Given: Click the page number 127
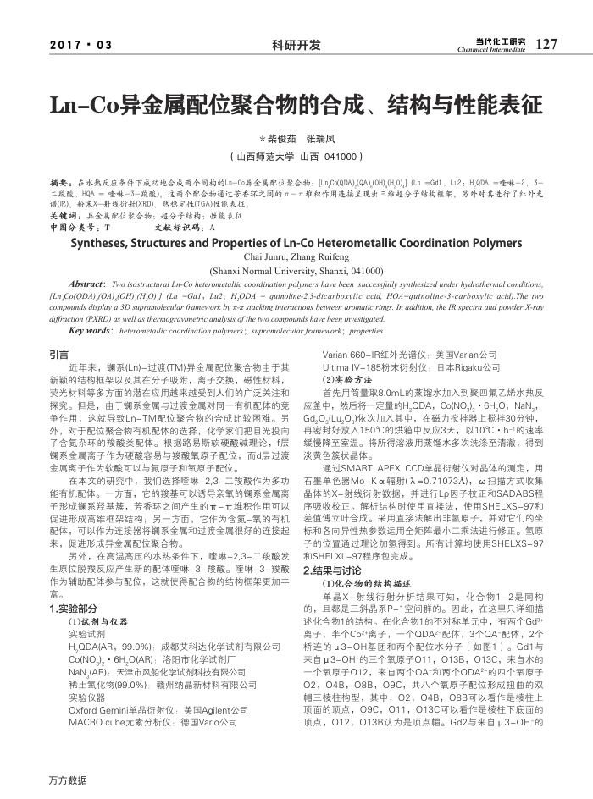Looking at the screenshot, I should tap(547, 44).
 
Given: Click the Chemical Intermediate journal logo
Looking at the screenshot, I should tap(491, 44).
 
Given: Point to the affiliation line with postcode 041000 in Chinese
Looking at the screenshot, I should tap(296, 157).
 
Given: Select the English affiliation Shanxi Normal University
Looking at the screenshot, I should tap(296, 271).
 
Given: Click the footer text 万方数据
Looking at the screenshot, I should tap(68, 780).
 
